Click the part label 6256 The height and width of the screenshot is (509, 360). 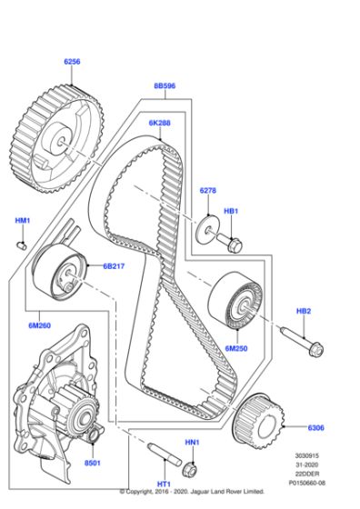click(x=72, y=61)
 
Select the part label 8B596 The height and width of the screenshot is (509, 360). click(x=165, y=86)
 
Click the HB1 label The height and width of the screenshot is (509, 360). click(x=231, y=211)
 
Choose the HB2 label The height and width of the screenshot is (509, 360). click(x=303, y=312)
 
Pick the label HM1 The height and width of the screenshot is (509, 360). click(x=23, y=221)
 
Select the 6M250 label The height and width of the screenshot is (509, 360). click(x=236, y=347)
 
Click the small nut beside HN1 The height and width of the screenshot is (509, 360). click(x=191, y=470)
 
